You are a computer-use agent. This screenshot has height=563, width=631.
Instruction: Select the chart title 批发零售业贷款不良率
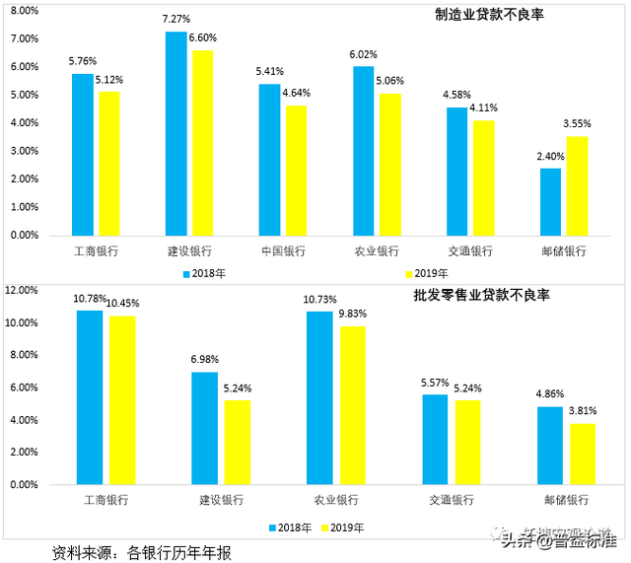click(482, 296)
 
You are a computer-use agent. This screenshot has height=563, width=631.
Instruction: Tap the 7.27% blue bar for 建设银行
click(175, 134)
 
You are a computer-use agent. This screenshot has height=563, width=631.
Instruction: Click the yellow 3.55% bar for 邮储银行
click(577, 186)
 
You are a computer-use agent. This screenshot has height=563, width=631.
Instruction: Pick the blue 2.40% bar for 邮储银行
click(550, 202)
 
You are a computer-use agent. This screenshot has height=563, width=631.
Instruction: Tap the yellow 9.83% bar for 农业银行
click(352, 405)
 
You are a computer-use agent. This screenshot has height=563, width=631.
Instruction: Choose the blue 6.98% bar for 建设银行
click(204, 428)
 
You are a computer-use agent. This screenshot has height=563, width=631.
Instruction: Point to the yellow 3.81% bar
click(582, 454)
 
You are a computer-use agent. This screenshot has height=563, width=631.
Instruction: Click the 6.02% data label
click(363, 55)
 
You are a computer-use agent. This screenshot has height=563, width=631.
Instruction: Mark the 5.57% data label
click(435, 383)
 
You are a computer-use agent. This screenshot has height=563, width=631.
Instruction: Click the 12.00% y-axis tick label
click(21, 291)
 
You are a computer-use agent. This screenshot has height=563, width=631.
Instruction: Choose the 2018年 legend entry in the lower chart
click(291, 528)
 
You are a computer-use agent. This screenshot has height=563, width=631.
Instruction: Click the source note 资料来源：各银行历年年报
click(142, 553)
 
